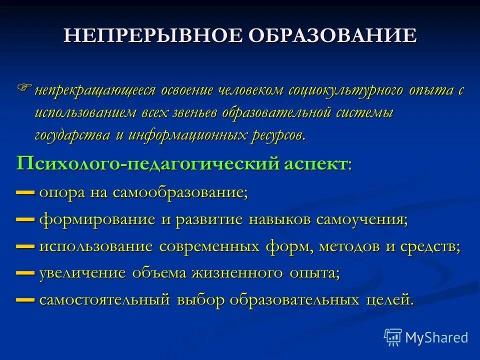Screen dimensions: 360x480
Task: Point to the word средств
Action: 429,246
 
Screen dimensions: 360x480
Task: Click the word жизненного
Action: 237,274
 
